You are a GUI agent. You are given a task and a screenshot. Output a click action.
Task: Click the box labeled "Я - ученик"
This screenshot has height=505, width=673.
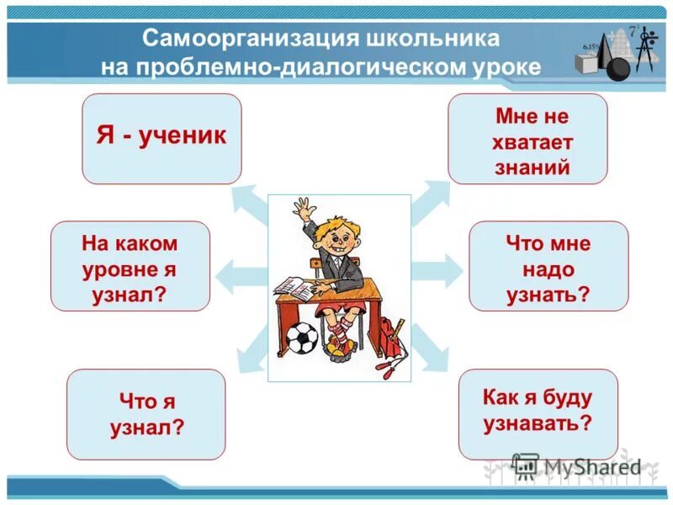pos(162,138)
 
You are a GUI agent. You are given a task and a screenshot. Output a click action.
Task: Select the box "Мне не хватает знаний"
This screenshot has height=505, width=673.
pos(527,138)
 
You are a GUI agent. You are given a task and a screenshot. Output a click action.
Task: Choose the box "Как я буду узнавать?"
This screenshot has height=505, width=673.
pos(538,412)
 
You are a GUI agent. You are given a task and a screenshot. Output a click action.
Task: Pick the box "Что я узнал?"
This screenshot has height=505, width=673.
pos(146,413)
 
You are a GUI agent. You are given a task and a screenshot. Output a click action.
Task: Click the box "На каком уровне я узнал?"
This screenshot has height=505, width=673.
pos(130,266)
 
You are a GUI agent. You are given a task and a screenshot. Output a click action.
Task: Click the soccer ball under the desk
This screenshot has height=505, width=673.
pos(300,339)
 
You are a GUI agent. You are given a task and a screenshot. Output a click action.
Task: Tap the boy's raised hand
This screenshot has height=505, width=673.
pos(304,208)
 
